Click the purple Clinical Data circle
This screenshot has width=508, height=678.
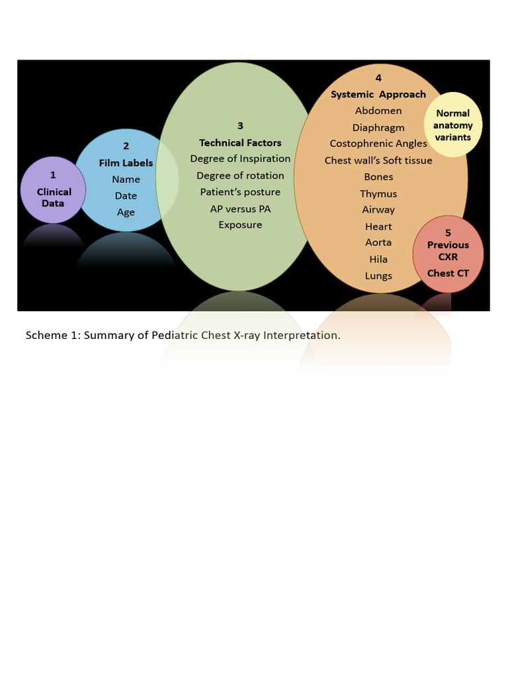click(x=53, y=191)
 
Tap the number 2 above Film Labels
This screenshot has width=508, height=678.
click(x=126, y=146)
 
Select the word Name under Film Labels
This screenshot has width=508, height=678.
click(x=126, y=179)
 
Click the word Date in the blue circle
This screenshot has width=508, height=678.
click(x=126, y=196)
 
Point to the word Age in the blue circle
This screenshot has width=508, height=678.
click(x=126, y=213)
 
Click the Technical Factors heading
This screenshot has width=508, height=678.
click(x=240, y=143)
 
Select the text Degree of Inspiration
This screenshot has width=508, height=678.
click(x=240, y=159)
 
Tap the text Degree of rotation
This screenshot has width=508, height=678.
click(x=240, y=176)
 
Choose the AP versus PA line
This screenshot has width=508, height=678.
click(x=240, y=209)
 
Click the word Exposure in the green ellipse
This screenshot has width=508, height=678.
click(x=240, y=225)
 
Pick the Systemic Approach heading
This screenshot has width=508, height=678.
click(x=378, y=95)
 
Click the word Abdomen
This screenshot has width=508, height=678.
click(x=378, y=111)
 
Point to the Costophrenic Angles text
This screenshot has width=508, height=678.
click(x=378, y=144)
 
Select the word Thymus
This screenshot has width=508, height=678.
click(x=378, y=194)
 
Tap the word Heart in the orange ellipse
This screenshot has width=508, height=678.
click(x=378, y=226)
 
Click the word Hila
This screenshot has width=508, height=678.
click(x=378, y=260)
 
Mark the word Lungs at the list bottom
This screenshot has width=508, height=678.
click(x=378, y=276)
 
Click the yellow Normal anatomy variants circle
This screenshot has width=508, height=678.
click(x=453, y=125)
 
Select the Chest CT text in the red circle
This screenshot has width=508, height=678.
click(x=448, y=273)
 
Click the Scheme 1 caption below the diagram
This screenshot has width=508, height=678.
click(x=183, y=335)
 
